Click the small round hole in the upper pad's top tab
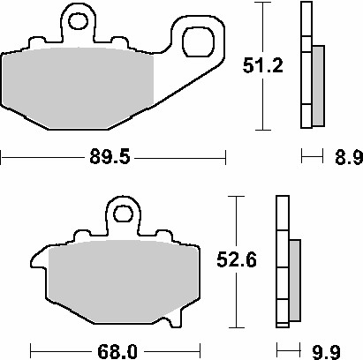pyautogui.click(x=78, y=19)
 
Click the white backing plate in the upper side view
pyautogui.click(x=306, y=66)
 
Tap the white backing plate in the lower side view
pyautogui.click(x=283, y=265)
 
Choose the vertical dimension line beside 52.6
pyautogui.click(x=236, y=300)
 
